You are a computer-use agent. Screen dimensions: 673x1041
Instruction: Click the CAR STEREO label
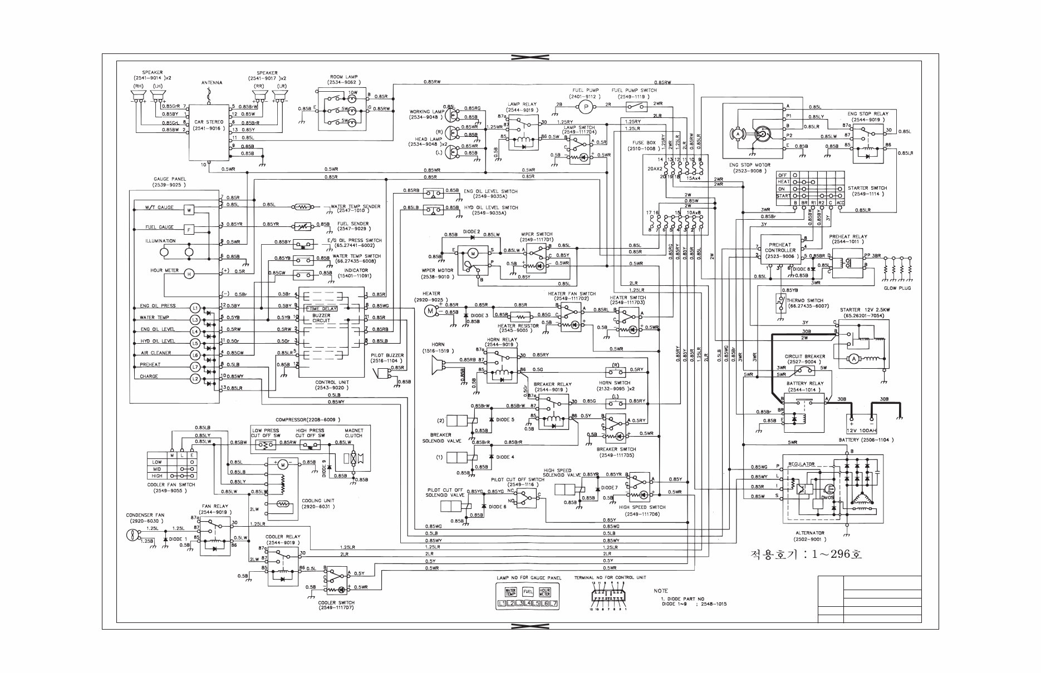[x=208, y=122]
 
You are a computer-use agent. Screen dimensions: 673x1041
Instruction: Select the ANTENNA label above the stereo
[x=212, y=83]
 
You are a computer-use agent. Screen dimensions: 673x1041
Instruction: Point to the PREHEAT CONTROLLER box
[x=779, y=248]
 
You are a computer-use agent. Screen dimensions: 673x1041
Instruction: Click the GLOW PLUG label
[x=897, y=288]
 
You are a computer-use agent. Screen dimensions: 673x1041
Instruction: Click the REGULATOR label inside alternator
[x=801, y=464]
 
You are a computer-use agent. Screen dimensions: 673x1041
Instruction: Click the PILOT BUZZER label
[x=387, y=355]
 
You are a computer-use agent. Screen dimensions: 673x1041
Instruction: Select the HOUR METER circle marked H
[x=188, y=273]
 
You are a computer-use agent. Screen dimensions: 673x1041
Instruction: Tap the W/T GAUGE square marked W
[x=189, y=210]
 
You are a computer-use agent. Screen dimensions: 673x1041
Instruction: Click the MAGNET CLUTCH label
[x=353, y=433]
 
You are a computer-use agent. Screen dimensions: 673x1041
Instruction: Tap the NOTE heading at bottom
[x=661, y=591]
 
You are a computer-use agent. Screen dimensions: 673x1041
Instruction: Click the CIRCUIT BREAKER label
[x=804, y=357]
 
